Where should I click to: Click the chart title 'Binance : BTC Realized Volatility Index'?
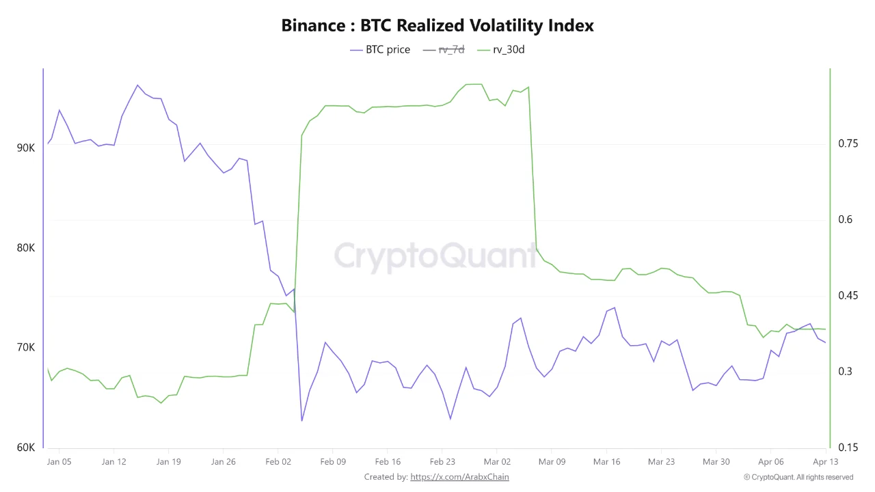[437, 26]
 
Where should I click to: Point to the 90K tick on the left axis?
[26, 148]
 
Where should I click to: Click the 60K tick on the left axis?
[26, 448]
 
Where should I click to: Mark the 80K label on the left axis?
[26, 247]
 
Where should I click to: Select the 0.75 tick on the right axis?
[848, 143]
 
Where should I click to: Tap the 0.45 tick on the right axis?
[848, 296]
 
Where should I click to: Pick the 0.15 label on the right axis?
[848, 448]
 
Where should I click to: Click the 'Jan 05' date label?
[59, 462]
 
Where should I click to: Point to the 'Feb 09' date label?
[332, 462]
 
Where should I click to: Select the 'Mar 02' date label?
[497, 462]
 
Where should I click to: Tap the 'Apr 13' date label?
[826, 462]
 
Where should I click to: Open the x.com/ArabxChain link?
[459, 477]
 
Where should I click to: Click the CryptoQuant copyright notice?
[798, 477]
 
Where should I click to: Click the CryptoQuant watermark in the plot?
[435, 256]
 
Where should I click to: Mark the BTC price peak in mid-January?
[137, 85]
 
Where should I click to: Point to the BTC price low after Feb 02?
[301, 420]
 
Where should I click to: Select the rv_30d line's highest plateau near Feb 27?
[474, 84]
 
